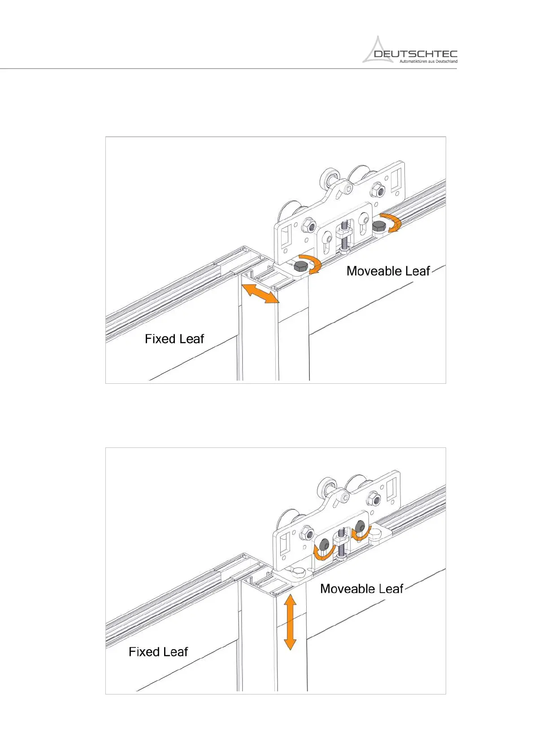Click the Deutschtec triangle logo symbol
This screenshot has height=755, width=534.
378,50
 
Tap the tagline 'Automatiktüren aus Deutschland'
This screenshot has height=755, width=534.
428,61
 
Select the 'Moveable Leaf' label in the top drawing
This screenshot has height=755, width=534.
388,271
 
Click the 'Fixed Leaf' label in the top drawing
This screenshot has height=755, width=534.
174,338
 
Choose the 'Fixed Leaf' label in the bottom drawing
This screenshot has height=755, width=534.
158,651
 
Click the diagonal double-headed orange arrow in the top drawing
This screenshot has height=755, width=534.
260,293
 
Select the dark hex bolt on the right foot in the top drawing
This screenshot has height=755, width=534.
379,225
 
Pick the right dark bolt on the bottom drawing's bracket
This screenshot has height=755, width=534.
360,526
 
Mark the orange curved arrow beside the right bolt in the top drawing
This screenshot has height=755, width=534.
394,222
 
